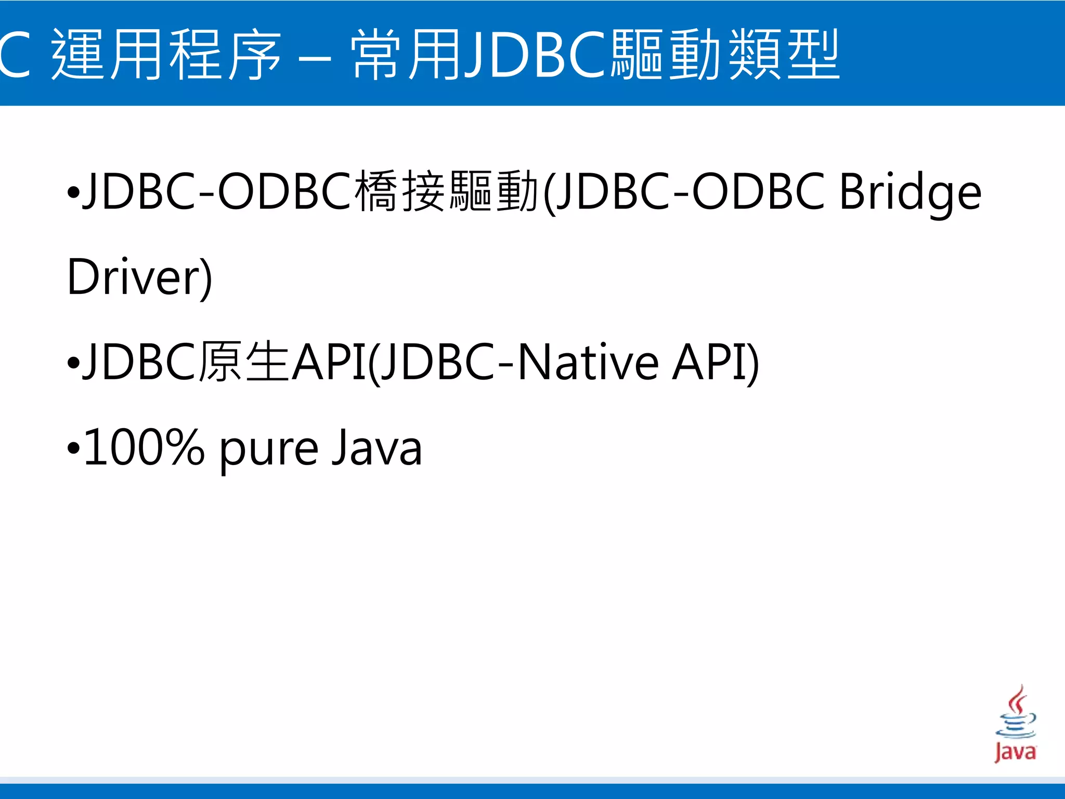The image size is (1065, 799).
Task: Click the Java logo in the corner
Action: click(x=1015, y=724)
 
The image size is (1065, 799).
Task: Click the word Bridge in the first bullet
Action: click(x=910, y=192)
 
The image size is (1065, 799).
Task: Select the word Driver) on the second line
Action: click(x=139, y=277)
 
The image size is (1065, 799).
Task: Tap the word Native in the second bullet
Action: click(x=588, y=363)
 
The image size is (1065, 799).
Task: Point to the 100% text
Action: click(x=144, y=447)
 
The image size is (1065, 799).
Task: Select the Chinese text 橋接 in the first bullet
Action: click(x=399, y=191)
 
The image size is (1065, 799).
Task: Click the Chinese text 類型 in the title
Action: click(x=784, y=55)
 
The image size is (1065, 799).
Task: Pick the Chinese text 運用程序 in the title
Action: click(x=166, y=55)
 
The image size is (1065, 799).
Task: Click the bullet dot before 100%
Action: click(x=73, y=448)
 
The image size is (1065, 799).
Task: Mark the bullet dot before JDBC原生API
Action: click(x=73, y=363)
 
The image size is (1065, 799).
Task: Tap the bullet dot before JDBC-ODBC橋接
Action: click(x=73, y=192)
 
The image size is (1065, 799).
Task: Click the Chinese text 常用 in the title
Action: click(x=406, y=55)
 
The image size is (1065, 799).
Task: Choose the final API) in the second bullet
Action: click(x=715, y=363)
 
